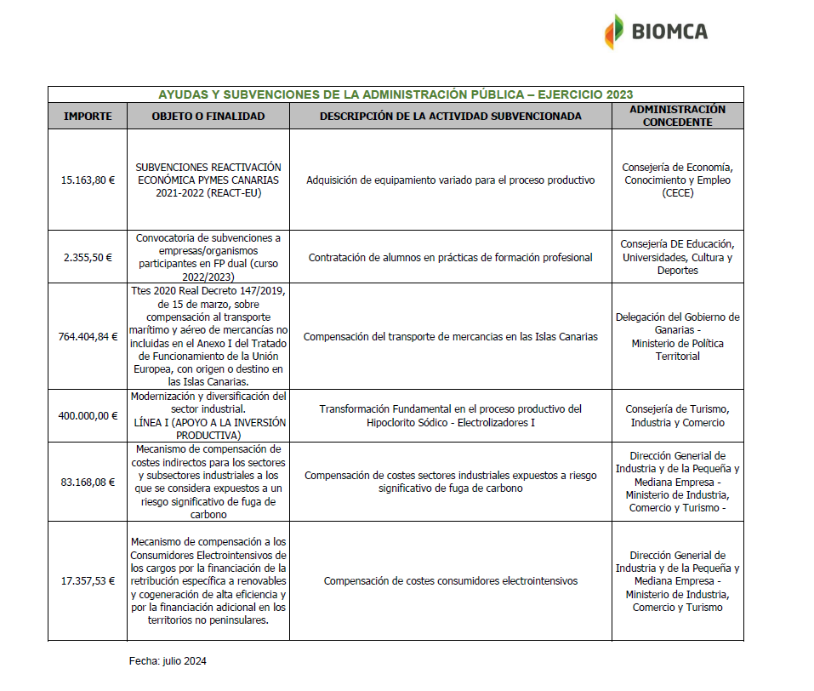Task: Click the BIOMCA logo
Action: click(656, 32)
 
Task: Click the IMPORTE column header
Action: click(88, 116)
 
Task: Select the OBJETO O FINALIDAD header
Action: click(208, 116)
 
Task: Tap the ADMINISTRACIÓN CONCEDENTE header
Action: click(677, 116)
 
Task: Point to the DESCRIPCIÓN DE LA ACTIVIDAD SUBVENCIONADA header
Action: click(450, 116)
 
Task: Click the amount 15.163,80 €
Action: click(88, 180)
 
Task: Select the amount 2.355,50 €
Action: click(88, 257)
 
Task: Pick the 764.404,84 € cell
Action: click(88, 336)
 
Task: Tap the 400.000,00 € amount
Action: click(88, 416)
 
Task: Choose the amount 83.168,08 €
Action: click(88, 482)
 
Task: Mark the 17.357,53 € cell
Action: click(88, 581)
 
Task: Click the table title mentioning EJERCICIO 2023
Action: click(396, 94)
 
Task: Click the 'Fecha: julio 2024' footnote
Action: click(168, 661)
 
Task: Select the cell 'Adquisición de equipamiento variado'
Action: click(450, 180)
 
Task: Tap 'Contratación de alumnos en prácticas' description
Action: click(450, 257)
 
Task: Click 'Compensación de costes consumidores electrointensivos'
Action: click(450, 581)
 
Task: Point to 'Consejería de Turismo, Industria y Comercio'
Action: click(677, 416)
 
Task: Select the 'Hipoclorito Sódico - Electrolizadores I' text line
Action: click(450, 423)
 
